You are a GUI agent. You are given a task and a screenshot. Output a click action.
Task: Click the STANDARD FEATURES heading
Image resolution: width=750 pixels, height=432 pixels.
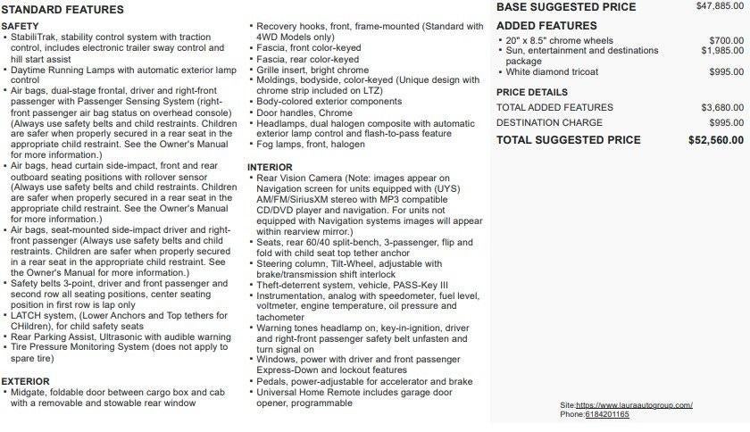63,10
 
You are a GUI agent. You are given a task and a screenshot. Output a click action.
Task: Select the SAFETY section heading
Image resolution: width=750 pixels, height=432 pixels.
21,27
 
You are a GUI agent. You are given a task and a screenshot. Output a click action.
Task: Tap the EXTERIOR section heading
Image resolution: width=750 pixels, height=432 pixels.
26,381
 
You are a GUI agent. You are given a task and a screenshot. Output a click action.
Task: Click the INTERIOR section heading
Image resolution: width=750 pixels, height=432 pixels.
270,167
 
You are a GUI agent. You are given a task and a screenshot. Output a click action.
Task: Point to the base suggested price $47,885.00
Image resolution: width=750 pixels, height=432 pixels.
720,6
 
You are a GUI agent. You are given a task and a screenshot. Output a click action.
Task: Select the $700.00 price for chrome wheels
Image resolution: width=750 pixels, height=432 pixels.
726,41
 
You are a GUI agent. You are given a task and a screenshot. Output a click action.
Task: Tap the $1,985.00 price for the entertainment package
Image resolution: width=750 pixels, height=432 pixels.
722,51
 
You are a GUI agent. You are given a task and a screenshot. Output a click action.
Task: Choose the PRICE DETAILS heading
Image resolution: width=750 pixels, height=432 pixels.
531,92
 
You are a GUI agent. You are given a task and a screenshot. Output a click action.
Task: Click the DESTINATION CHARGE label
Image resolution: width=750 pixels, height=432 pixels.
549,122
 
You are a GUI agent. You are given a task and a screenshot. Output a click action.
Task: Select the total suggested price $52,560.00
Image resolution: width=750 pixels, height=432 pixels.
715,140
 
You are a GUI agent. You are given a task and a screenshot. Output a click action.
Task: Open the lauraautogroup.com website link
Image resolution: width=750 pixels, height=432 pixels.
635,405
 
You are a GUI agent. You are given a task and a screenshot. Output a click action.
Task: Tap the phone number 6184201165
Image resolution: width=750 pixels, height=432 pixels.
607,414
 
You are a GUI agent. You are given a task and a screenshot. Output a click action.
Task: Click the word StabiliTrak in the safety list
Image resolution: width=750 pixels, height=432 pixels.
35,37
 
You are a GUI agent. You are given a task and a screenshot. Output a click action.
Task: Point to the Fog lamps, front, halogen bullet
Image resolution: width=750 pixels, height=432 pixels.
311,145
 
